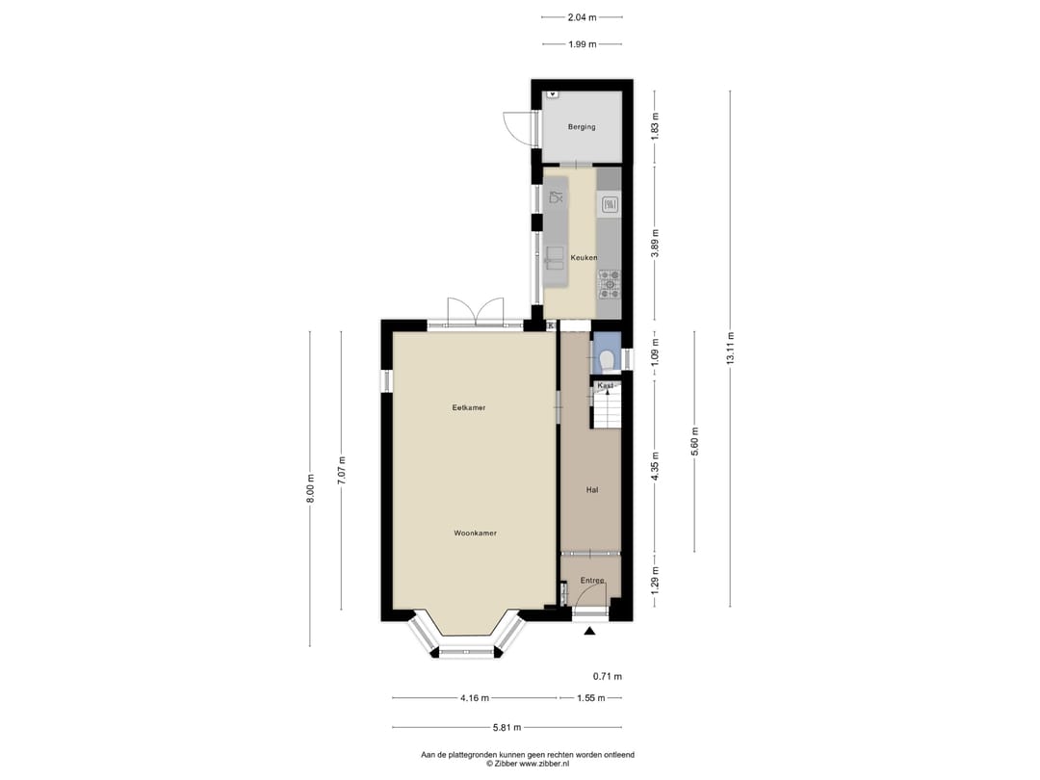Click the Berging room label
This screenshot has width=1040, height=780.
582,127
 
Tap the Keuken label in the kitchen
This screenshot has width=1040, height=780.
584,258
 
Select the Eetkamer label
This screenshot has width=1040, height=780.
469,407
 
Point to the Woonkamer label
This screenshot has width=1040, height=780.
476,533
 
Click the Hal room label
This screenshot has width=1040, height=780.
592,490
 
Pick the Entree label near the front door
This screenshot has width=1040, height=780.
591,581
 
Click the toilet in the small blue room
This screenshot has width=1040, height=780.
607,360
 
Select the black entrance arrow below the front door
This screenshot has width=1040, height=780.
590,632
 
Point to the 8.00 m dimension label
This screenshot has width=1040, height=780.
310,489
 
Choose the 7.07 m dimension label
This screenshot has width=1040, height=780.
340,469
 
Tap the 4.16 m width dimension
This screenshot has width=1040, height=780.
474,698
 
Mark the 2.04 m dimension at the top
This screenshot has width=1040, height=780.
582,16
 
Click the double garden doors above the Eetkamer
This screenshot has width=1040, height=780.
476,310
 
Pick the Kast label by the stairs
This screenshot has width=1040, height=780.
605,385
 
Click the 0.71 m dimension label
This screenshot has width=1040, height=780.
607,676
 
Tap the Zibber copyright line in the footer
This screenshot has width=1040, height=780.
527,764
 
